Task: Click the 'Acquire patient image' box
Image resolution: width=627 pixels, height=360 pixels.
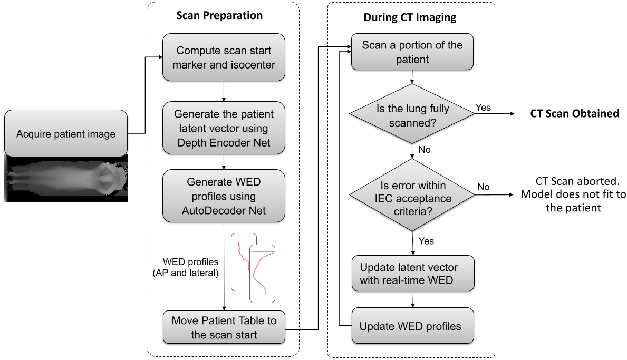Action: coord(65,133)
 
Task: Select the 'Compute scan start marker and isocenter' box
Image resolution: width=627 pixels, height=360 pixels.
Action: coord(224,57)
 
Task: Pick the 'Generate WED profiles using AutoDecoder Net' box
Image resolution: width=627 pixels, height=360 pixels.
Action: coord(224,196)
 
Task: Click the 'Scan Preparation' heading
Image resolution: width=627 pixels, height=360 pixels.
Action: coord(219,15)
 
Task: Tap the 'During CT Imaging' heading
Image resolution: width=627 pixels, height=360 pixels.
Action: coord(410,17)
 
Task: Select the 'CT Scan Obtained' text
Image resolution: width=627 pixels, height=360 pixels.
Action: coord(574,114)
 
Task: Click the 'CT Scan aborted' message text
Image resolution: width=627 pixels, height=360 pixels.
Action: coord(573,194)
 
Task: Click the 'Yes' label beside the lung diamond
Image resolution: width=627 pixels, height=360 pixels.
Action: coord(483,107)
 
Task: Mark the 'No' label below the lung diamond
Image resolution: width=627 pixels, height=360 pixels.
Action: coord(425,150)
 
